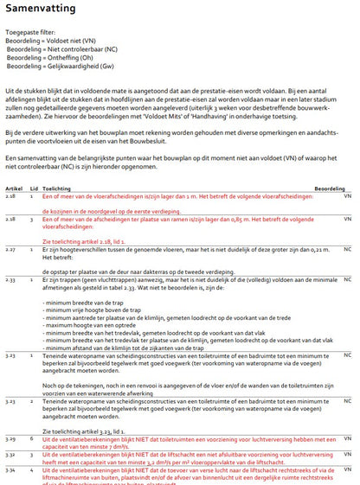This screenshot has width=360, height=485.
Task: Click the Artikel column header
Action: pos(16,188)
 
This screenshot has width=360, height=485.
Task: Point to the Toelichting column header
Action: pos(57,188)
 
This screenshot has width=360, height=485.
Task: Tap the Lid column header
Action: pos(35,188)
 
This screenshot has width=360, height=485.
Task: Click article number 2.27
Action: pos(12,249)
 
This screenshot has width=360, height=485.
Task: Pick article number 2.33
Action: pos(12,280)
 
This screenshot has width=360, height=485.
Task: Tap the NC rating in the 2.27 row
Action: pos(348,249)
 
